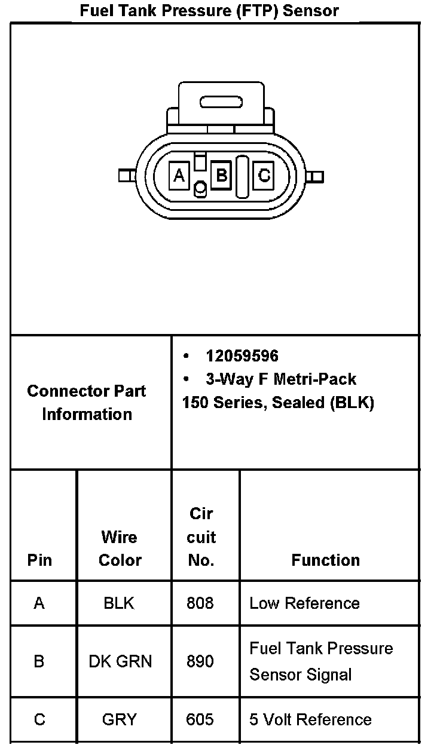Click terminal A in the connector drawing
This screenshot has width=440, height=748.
pyautogui.click(x=179, y=176)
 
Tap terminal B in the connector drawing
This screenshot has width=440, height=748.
pyautogui.click(x=221, y=176)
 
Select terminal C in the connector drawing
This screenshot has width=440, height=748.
pyautogui.click(x=264, y=176)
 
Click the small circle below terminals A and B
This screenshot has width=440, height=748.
pyautogui.click(x=201, y=189)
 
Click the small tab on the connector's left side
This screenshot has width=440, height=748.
pyautogui.click(x=125, y=176)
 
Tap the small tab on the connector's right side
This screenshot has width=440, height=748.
pyautogui.click(x=317, y=176)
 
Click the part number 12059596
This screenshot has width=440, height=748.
pyautogui.click(x=242, y=356)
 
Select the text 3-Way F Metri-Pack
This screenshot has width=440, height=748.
pyautogui.click(x=281, y=379)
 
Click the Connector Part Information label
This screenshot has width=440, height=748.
pyautogui.click(x=87, y=403)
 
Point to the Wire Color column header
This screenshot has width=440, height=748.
pyautogui.click(x=120, y=548)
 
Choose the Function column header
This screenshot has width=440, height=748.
pyautogui.click(x=326, y=560)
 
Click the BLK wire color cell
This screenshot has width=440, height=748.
pyautogui.click(x=119, y=603)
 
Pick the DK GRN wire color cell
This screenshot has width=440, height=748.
pyautogui.click(x=120, y=661)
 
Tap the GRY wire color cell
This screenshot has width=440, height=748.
pyautogui.click(x=120, y=719)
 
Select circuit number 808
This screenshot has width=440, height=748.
pyautogui.click(x=200, y=603)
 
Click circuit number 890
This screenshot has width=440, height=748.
pyautogui.click(x=200, y=661)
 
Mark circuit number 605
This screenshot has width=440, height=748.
pyautogui.click(x=200, y=719)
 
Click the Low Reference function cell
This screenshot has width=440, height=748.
pyautogui.click(x=304, y=603)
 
